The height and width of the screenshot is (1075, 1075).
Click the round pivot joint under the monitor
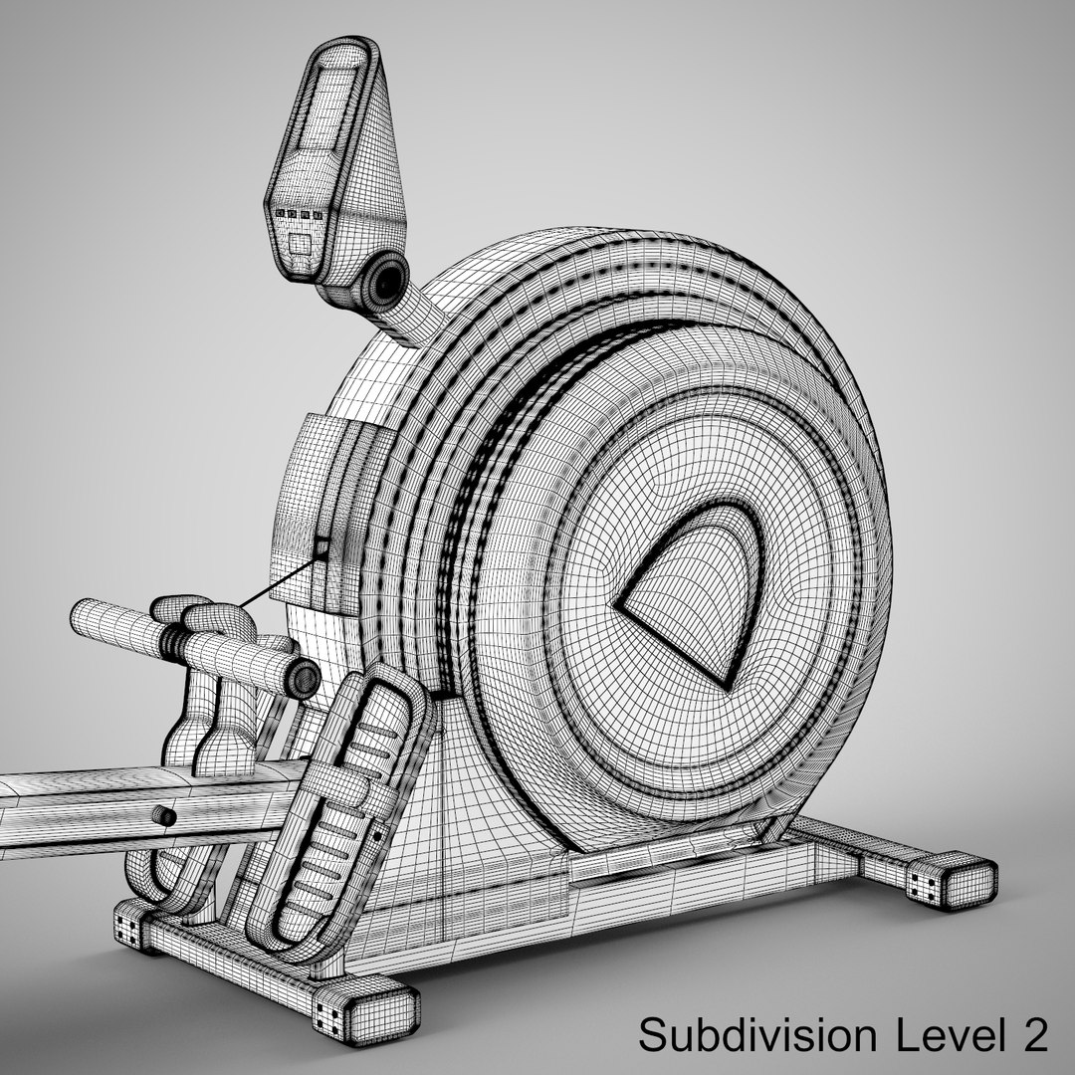[x=383, y=282]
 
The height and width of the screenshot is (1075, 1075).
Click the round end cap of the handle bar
[x=304, y=680]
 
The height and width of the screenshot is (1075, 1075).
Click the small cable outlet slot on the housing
[x=321, y=546]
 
